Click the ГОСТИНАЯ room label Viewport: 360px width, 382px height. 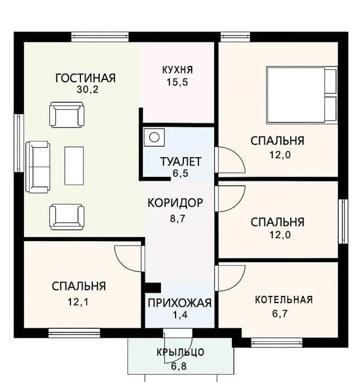click(86, 77)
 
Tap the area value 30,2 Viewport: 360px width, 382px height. click(86, 89)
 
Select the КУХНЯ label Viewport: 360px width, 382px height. click(177, 70)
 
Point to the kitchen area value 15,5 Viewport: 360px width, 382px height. click(177, 82)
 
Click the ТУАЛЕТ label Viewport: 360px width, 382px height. click(180, 162)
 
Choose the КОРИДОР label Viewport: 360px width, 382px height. click(175, 202)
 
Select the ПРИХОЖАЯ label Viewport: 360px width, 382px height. click(179, 303)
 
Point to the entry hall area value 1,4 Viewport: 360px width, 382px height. click(179, 315)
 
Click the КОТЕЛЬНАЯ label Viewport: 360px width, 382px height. click(283, 300)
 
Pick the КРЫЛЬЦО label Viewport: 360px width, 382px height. click(179, 352)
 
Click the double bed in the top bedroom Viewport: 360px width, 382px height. click(302, 95)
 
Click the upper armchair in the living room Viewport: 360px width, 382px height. click(67, 115)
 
